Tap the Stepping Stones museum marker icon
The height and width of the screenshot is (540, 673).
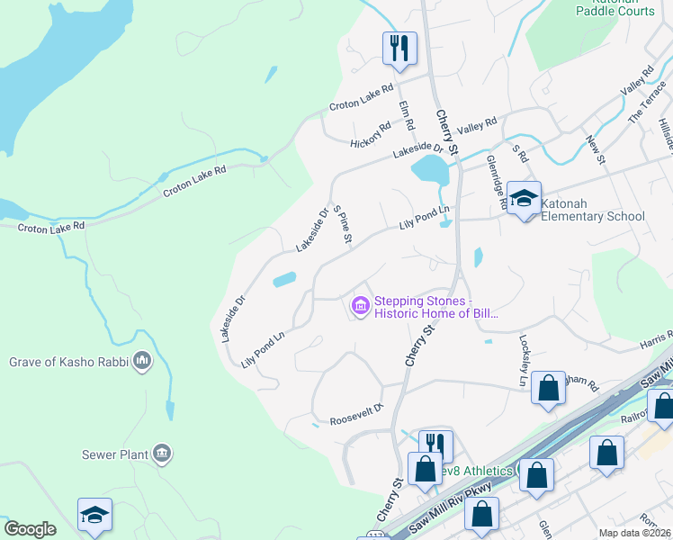[x=361, y=307]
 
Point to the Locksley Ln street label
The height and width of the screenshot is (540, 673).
[x=523, y=361]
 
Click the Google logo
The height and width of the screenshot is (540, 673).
[x=30, y=529]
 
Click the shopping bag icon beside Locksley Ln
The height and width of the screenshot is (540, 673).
[x=548, y=389]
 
